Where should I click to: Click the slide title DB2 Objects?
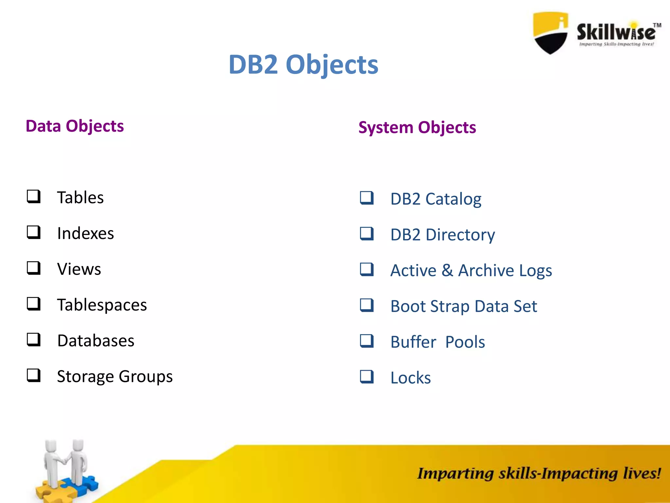click(x=303, y=65)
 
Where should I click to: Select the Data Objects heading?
click(x=75, y=126)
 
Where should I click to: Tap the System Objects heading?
click(x=417, y=127)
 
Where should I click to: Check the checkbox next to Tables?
click(x=34, y=196)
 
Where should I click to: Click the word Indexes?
click(x=85, y=233)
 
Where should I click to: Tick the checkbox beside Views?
click(x=34, y=268)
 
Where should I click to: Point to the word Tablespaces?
click(x=102, y=305)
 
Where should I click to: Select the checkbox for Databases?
click(x=34, y=340)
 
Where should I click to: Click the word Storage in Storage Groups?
click(x=85, y=377)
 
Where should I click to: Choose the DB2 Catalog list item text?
click(x=436, y=199)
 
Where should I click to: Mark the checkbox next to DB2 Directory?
click(x=367, y=233)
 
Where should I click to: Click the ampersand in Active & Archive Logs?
click(x=447, y=270)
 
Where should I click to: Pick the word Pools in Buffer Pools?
click(x=465, y=342)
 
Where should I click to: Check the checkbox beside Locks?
click(x=367, y=377)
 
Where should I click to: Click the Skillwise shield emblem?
click(x=551, y=33)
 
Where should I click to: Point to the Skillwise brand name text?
click(x=616, y=32)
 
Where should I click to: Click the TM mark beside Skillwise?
click(x=657, y=25)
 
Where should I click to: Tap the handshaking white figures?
click(x=65, y=462)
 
